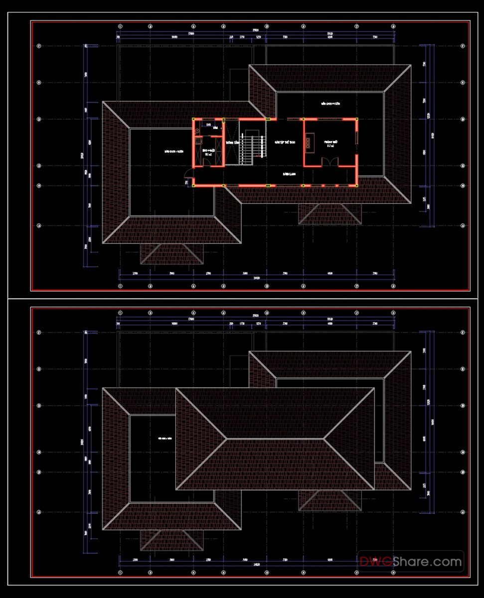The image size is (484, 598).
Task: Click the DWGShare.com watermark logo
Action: tap(411, 562)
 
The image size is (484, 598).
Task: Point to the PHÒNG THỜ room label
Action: tap(331, 142)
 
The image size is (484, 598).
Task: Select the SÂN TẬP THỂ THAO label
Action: tap(285, 142)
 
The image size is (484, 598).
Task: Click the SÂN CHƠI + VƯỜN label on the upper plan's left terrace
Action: tap(174, 151)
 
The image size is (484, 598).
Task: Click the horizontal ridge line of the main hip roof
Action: tap(275, 439)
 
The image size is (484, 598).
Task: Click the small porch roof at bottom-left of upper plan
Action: tap(171, 254)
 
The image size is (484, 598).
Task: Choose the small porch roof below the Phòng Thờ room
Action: tap(329, 214)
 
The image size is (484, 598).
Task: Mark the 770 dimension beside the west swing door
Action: tap(186, 183)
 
